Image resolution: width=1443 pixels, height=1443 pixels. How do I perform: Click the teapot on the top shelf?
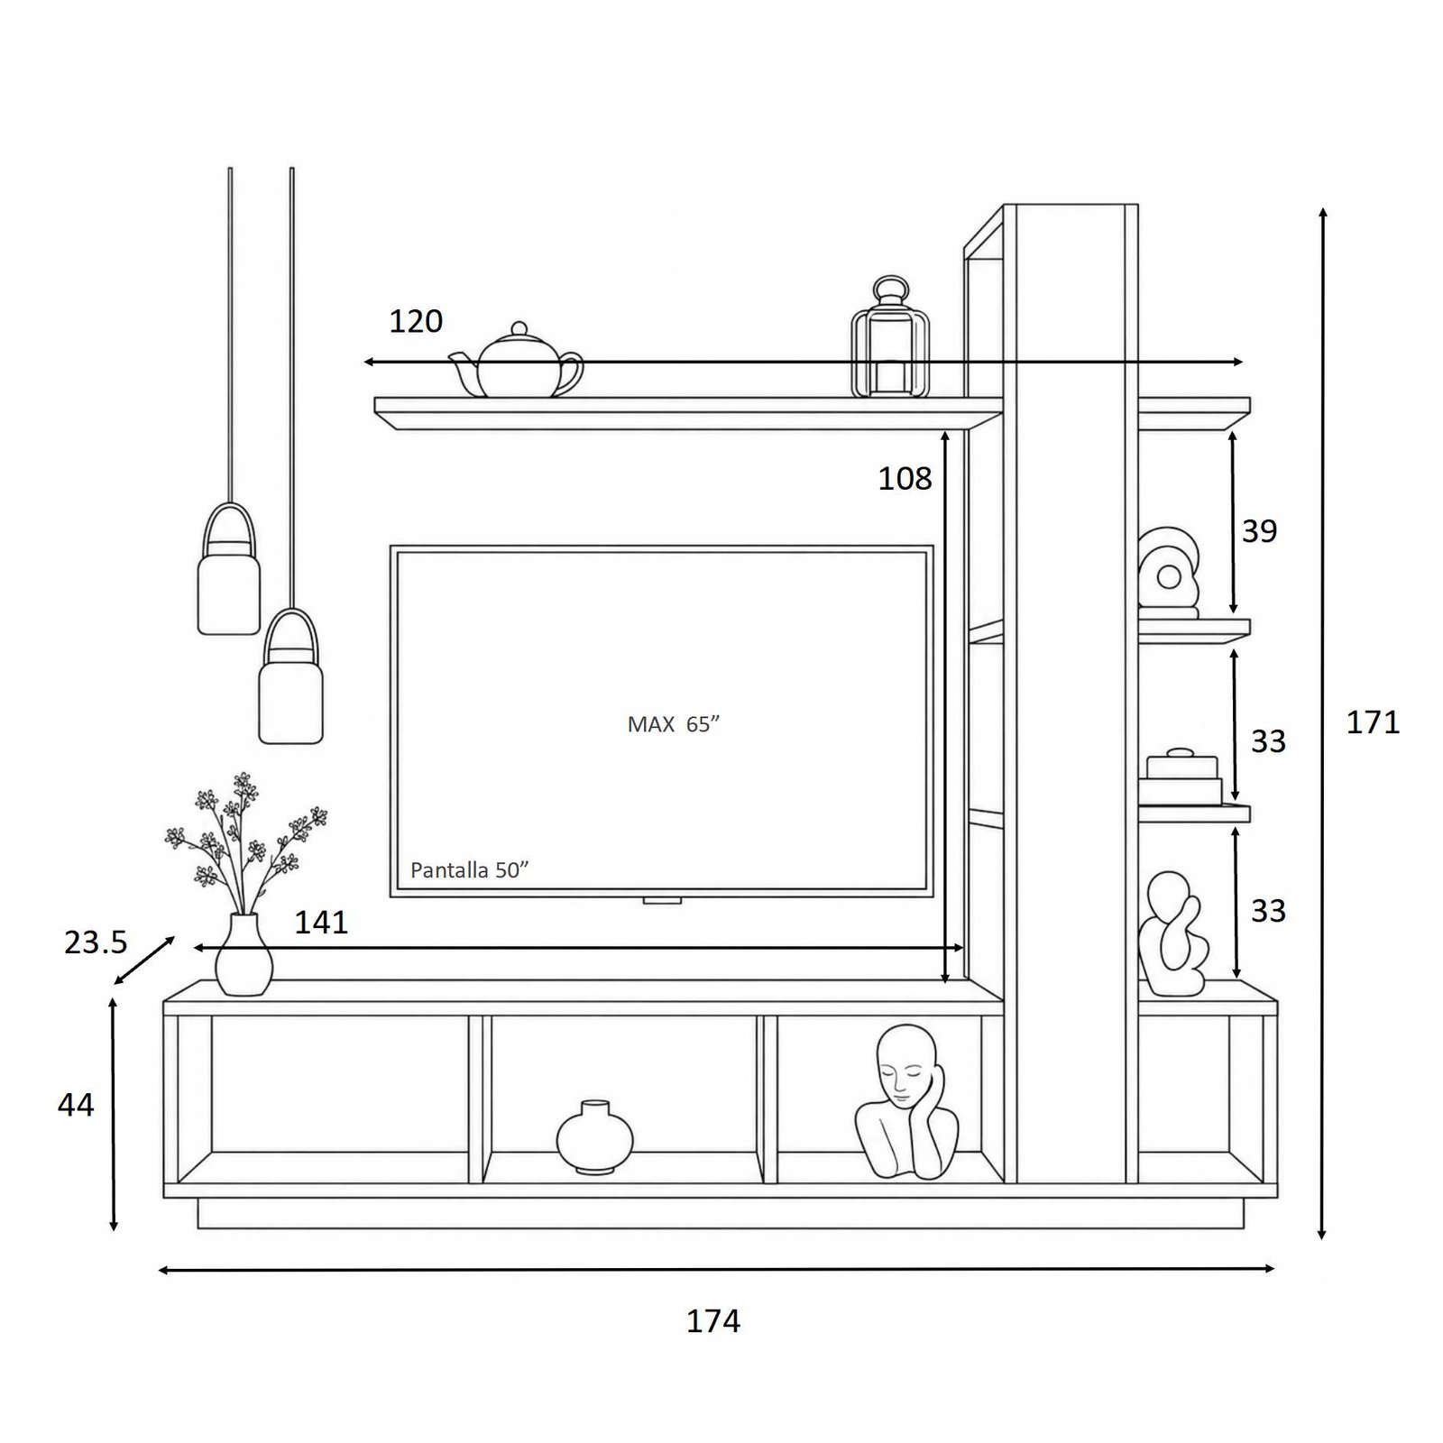[517, 363]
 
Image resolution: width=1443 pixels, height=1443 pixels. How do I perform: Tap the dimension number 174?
[713, 1321]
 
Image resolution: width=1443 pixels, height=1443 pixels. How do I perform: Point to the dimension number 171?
[1373, 722]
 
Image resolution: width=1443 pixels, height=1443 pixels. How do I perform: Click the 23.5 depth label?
[96, 942]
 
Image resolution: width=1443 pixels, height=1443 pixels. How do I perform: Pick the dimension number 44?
[76, 1105]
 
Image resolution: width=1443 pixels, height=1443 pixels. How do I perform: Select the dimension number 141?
[321, 923]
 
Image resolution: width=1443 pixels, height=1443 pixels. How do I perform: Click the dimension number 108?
[905, 479]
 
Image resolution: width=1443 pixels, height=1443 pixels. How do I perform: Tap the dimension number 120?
[416, 321]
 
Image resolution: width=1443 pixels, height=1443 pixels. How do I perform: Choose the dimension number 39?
[1259, 531]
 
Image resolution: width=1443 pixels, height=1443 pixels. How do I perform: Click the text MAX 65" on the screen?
[674, 724]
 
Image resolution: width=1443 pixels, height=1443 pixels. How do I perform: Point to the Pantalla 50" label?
[469, 870]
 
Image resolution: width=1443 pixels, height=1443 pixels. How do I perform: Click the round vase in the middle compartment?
[594, 1138]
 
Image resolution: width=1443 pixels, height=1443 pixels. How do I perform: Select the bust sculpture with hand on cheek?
[906, 1102]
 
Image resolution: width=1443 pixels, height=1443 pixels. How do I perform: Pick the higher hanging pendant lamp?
[229, 569]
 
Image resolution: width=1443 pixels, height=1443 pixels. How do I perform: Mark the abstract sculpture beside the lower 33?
[1172, 934]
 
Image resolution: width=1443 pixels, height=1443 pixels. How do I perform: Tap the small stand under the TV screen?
[662, 900]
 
